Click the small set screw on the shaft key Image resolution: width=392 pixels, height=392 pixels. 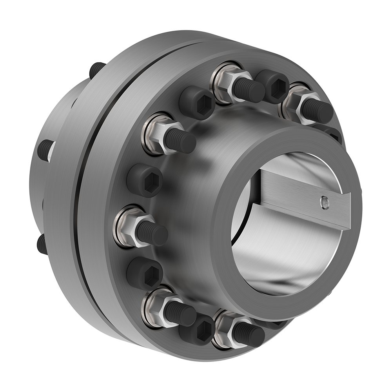click(x=324, y=201)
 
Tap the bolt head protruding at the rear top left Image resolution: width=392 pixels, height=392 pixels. click(x=96, y=69)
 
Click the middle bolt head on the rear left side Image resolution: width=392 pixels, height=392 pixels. click(x=46, y=150)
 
